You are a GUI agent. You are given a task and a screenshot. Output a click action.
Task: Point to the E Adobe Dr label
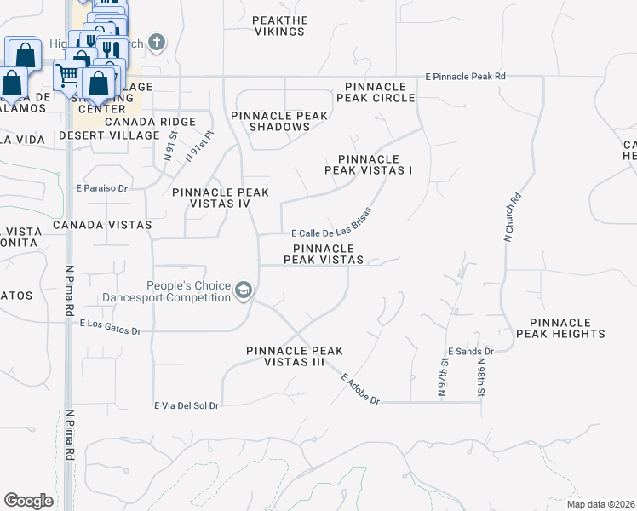[359, 389]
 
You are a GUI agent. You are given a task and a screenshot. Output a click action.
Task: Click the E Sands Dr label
[470, 352]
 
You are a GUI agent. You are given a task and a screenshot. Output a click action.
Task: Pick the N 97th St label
[444, 375]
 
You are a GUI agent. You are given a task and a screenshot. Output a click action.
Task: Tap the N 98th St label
[481, 376]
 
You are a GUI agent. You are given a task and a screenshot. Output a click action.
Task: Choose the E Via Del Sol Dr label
[186, 405]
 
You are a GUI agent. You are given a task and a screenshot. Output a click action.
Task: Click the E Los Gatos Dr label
[110, 326]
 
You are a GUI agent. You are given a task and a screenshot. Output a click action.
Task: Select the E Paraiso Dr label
[101, 187]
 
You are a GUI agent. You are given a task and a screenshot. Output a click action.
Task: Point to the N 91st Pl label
[190, 146]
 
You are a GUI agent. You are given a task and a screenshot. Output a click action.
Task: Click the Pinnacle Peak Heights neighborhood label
[567, 328]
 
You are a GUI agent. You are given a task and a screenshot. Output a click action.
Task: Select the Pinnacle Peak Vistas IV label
[221, 198]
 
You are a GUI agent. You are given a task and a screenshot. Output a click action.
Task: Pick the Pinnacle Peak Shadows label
[280, 121]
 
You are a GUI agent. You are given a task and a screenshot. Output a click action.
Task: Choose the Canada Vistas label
[101, 225]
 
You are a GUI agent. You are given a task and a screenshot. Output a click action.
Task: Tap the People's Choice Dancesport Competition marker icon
[244, 291]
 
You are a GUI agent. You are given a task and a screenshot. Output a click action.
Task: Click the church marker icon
[156, 42]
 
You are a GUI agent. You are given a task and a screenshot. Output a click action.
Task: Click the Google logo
[29, 501]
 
